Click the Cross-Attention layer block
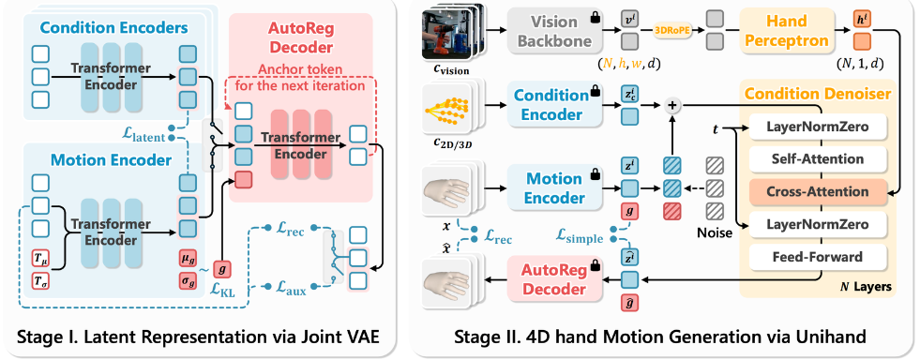coord(818,192)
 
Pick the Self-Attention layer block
coord(818,158)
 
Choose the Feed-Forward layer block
coord(818,256)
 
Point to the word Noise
coord(715,232)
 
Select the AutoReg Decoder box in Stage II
coord(553,279)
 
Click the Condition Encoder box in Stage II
coord(554,106)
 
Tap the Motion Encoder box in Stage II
coord(554,187)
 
